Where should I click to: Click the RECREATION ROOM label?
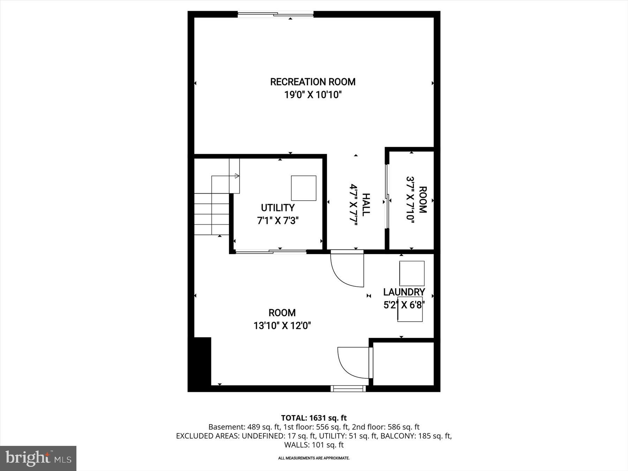[313, 82]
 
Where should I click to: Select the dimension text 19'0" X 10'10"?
[313, 95]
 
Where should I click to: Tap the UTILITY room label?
[278, 208]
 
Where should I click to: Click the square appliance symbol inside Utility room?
[304, 188]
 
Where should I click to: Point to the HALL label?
[366, 205]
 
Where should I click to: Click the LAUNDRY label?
[404, 292]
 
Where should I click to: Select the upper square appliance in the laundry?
[412, 274]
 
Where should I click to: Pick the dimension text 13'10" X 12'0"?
[282, 326]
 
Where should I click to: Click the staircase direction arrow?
[237, 176]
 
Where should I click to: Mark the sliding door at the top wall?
[276, 14]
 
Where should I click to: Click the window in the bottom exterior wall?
[348, 388]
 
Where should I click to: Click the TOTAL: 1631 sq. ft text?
[314, 418]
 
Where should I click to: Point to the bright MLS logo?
[38, 458]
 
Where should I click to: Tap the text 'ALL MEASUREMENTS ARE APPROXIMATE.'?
[314, 458]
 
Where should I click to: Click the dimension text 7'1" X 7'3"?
[278, 221]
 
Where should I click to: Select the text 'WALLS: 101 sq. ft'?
[314, 445]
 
